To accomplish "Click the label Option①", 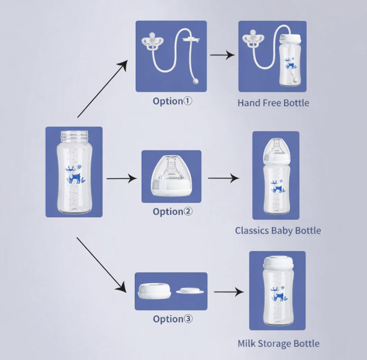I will [x=172, y=101].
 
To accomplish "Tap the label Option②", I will [x=172, y=212].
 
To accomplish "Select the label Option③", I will [x=172, y=319].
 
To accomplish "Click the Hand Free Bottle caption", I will [x=273, y=103].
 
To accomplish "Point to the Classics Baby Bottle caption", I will [x=278, y=231].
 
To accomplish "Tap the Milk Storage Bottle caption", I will [x=279, y=343].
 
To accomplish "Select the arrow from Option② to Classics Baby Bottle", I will [x=223, y=178].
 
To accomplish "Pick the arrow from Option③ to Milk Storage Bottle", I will [x=228, y=292].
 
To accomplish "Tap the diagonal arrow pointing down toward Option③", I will [x=102, y=264].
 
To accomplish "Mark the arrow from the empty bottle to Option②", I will [x=122, y=178].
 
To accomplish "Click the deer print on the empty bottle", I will [x=74, y=174].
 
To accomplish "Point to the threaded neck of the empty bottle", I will [x=74, y=135].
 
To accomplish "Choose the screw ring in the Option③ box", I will [x=154, y=290].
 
